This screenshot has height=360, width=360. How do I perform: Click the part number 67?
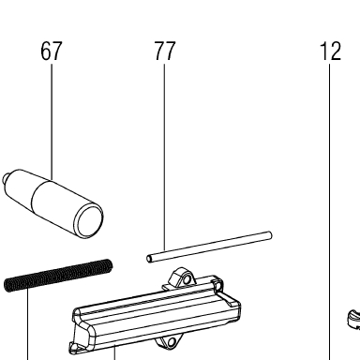click(52, 51)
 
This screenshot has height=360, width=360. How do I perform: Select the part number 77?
click(165, 51)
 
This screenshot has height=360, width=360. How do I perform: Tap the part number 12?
click(330, 51)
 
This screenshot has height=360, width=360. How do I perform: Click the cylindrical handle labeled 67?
click(53, 203)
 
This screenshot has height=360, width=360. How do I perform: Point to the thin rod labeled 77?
click(209, 247)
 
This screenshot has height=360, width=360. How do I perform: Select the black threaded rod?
click(58, 276)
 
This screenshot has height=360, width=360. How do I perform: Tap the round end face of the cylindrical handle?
click(90, 220)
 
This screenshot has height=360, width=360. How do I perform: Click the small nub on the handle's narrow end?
click(6, 179)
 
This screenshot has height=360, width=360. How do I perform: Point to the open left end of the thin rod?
click(150, 259)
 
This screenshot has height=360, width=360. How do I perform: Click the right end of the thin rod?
click(269, 235)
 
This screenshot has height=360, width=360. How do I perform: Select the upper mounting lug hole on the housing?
click(187, 279)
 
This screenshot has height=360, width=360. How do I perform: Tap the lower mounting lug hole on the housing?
click(172, 343)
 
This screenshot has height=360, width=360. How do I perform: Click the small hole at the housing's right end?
click(220, 285)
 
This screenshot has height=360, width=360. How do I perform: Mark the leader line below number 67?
click(52, 122)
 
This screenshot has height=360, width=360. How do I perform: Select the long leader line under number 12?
click(329, 212)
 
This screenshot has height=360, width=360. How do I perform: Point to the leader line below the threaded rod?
click(28, 324)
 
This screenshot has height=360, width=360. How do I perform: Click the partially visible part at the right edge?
click(354, 320)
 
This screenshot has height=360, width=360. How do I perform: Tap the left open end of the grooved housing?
click(81, 331)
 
